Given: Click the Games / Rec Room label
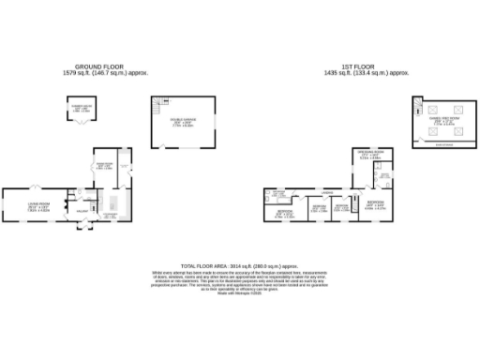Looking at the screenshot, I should click(441, 120).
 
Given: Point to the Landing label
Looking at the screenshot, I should click(328, 194).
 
